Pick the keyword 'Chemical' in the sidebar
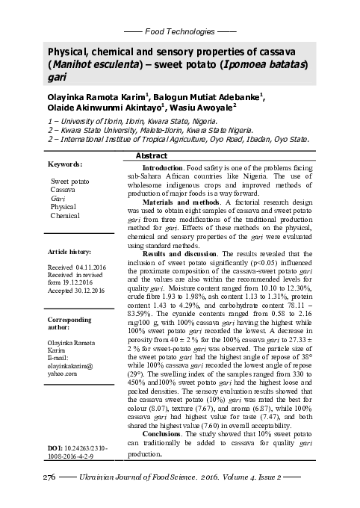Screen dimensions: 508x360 [x=65, y=215]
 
